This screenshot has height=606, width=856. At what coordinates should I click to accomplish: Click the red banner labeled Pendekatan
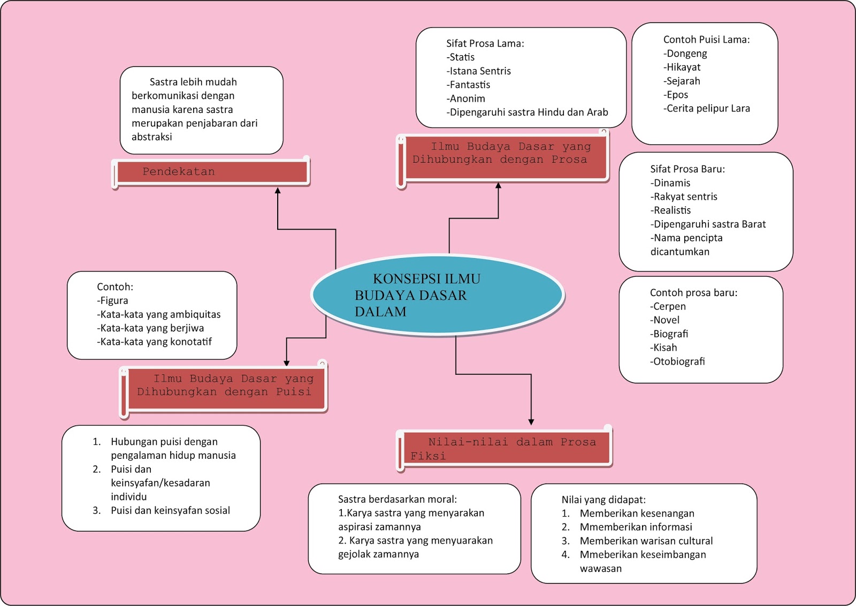click(x=212, y=172)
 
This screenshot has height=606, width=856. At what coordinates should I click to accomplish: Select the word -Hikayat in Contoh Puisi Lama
click(x=682, y=67)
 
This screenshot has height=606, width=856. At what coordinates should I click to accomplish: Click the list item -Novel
click(x=665, y=320)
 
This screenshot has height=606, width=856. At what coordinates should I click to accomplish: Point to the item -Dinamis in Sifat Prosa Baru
click(x=671, y=183)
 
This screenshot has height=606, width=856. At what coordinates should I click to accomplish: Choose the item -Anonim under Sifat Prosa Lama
click(x=466, y=99)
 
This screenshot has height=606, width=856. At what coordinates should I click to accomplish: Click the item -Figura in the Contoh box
click(x=112, y=301)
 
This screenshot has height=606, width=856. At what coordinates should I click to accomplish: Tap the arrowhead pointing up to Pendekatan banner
click(x=278, y=191)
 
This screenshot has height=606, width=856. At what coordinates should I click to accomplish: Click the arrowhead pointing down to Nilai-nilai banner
click(x=531, y=422)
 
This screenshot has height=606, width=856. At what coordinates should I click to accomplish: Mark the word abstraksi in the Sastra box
click(x=152, y=137)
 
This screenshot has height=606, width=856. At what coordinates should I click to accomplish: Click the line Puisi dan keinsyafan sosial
click(x=170, y=511)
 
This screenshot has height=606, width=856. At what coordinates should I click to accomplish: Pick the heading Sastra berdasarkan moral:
click(x=398, y=499)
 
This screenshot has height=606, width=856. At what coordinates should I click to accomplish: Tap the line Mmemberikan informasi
click(x=636, y=527)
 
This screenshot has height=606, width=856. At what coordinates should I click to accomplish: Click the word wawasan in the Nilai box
click(x=600, y=569)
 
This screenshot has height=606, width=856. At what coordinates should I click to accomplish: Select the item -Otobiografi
click(x=677, y=361)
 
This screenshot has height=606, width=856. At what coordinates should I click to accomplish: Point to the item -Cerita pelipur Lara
click(x=707, y=109)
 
